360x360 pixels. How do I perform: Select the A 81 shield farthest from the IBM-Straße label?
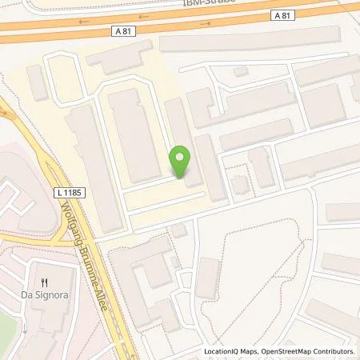click(118, 30)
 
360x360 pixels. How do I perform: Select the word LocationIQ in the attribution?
click(224, 351)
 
